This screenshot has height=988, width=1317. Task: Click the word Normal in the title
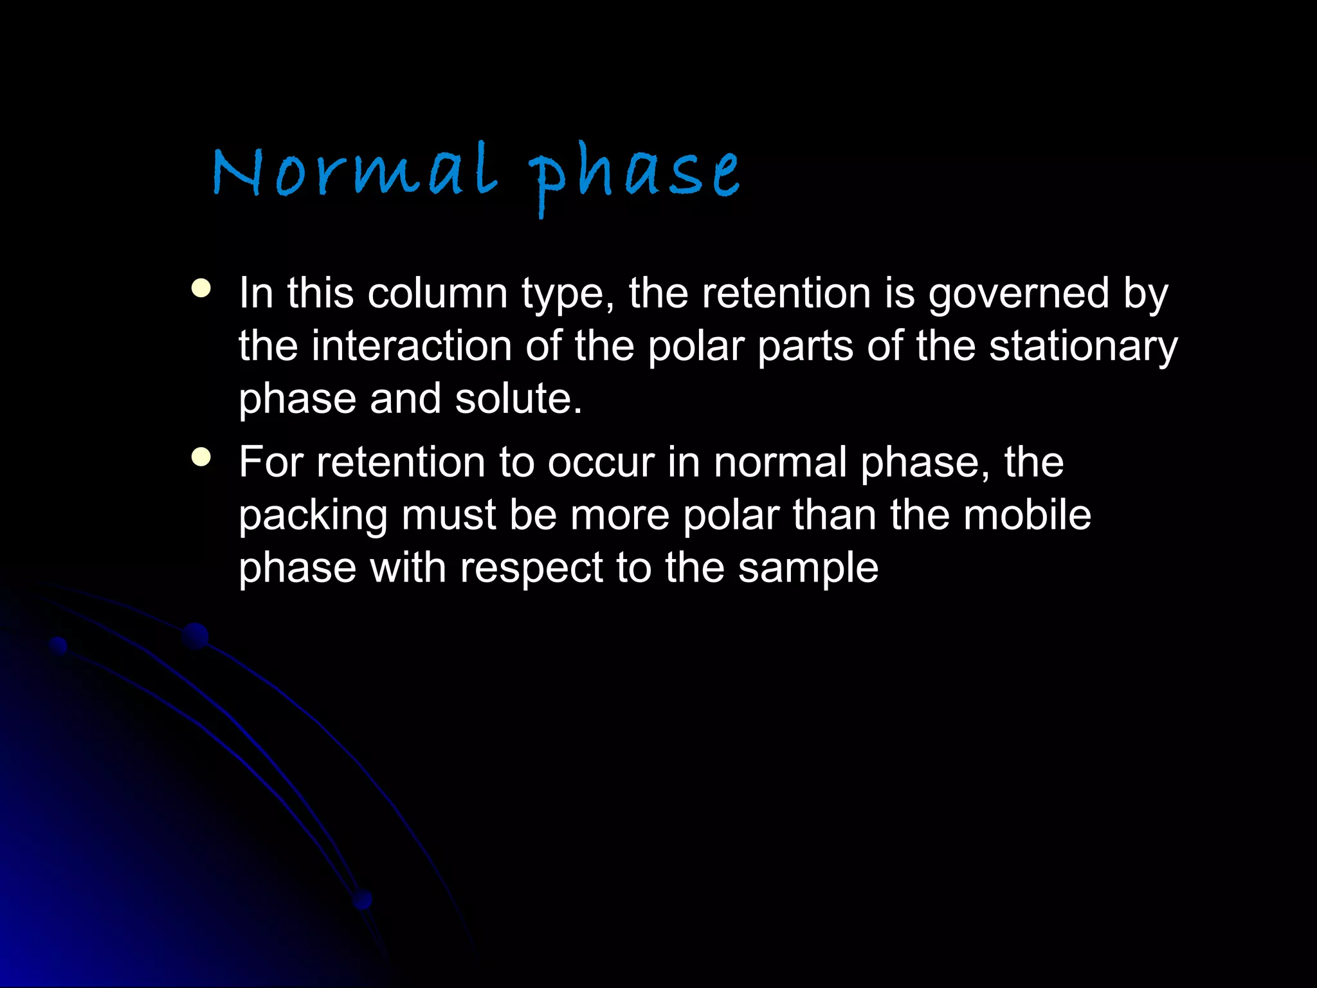click(355, 171)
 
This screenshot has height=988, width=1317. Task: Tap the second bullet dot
click(201, 457)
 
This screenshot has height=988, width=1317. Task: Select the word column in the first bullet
click(437, 293)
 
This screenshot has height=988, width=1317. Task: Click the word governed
click(1019, 295)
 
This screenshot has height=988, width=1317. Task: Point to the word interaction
click(412, 346)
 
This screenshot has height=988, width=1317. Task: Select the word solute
click(518, 399)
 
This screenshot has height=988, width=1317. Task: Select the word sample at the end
click(808, 569)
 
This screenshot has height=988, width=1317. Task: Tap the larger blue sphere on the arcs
click(195, 636)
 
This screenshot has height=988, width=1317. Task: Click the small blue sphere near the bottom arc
click(362, 899)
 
